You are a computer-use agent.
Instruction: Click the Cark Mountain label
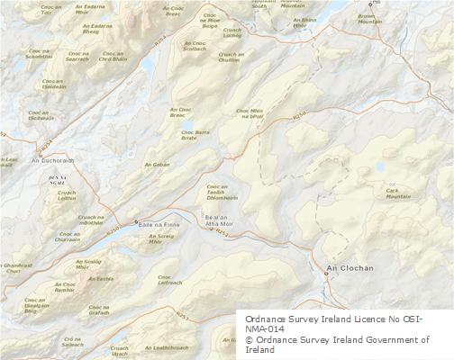397,193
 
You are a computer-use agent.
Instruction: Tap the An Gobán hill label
157,165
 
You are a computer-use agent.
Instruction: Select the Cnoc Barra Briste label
188,135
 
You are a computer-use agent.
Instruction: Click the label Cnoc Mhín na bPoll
250,113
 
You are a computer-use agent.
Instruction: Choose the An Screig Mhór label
155,238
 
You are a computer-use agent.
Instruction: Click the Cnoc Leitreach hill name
170,279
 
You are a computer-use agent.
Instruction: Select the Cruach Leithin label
67,194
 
